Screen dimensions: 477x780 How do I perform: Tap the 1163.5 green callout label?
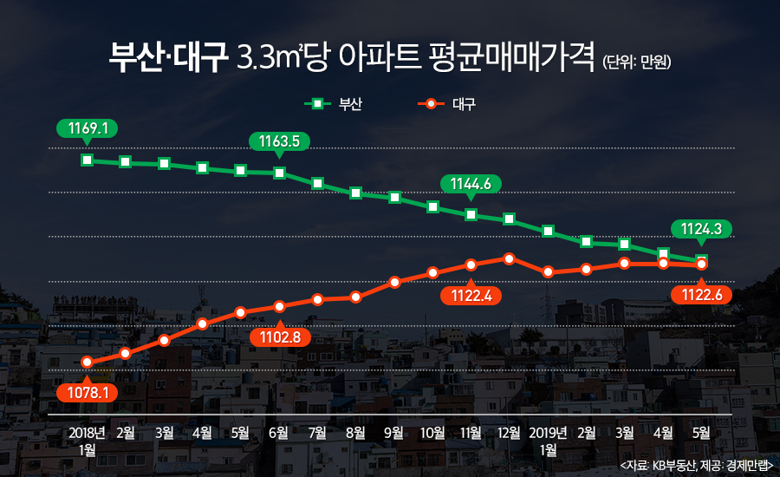click(279, 140)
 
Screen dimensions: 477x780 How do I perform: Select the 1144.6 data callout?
click(471, 183)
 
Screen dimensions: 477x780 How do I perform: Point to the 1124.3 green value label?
click(701, 229)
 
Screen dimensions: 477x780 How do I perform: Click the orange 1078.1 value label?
click(87, 392)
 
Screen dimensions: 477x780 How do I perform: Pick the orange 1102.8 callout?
click(279, 336)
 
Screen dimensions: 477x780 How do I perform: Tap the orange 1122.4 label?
click(471, 296)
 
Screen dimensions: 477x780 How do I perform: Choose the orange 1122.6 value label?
click(701, 295)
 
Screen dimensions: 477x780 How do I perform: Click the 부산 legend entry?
click(334, 104)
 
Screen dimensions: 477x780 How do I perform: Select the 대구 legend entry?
click(447, 104)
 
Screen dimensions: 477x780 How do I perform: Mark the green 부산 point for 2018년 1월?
click(87, 160)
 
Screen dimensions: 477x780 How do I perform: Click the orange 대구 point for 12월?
click(510, 258)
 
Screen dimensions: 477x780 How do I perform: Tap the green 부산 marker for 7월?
click(317, 183)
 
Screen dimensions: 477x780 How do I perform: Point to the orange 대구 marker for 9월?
click(394, 282)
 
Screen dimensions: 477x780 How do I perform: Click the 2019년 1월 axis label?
click(548, 440)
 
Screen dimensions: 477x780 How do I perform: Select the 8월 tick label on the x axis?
click(355, 432)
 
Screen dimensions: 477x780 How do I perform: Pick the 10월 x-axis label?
click(432, 432)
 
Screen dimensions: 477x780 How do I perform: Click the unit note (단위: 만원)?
click(637, 62)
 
